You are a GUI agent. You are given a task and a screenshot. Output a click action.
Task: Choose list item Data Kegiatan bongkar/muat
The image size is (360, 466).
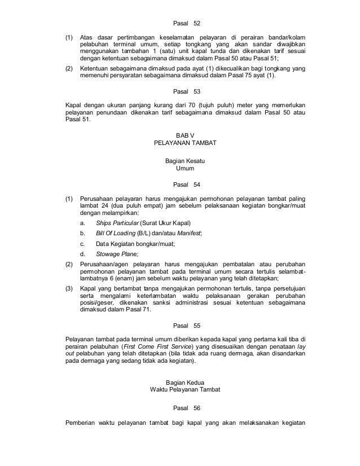pos(135,244)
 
